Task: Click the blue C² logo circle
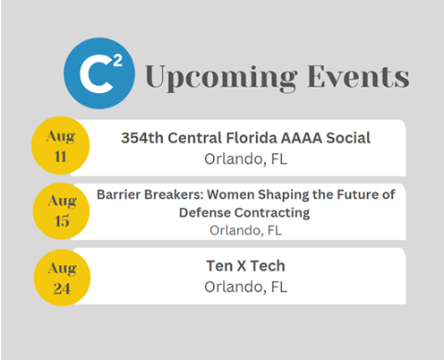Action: (99, 73)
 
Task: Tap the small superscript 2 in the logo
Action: (118, 61)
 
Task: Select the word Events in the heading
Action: (358, 76)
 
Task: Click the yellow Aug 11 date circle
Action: (61, 145)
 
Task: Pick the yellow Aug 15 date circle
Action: (61, 211)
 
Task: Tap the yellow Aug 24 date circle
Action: (62, 278)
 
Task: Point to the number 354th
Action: (142, 138)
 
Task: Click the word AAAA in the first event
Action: (302, 138)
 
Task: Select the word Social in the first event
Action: (348, 138)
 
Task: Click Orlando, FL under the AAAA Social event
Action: (245, 159)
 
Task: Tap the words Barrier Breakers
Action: (150, 194)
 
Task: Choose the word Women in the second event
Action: (231, 194)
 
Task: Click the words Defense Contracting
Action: (244, 213)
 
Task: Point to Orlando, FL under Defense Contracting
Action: (245, 230)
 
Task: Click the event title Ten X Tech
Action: (245, 266)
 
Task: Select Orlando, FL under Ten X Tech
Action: (245, 287)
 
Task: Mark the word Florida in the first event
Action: (252, 138)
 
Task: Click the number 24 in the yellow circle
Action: (62, 288)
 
